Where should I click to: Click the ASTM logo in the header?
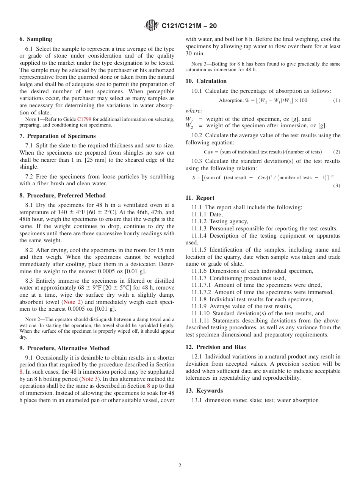click(152, 26)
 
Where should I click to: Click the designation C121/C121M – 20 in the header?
click(189, 26)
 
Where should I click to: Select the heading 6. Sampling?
click(36, 39)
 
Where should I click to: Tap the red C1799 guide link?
click(85, 119)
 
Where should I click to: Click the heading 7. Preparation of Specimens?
click(58, 136)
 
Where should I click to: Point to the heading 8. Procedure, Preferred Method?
click(63, 196)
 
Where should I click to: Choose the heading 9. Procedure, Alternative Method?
click(64, 348)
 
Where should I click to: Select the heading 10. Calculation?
click(206, 81)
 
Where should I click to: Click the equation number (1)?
click(337, 100)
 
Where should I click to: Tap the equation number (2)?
click(337, 152)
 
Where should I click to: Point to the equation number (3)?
click(337, 185)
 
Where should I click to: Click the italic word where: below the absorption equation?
click(194, 111)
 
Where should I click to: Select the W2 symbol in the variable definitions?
click(189, 126)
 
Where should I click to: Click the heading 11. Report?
click(200, 198)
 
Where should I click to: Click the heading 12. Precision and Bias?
click(216, 347)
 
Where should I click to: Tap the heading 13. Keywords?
click(204, 391)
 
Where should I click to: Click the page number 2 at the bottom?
click(180, 466)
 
